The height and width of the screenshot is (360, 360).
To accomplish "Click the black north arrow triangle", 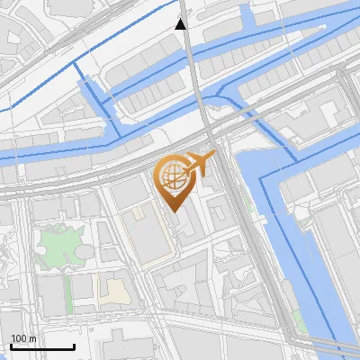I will (181, 24).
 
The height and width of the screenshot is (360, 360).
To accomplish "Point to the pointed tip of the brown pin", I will (173, 211).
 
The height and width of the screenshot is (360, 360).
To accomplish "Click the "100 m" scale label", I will (23, 338).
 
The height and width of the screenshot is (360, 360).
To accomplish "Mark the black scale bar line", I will (42, 346).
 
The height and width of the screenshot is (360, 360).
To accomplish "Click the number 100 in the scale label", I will (18, 338).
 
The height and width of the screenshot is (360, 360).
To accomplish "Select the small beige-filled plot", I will (114, 291).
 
